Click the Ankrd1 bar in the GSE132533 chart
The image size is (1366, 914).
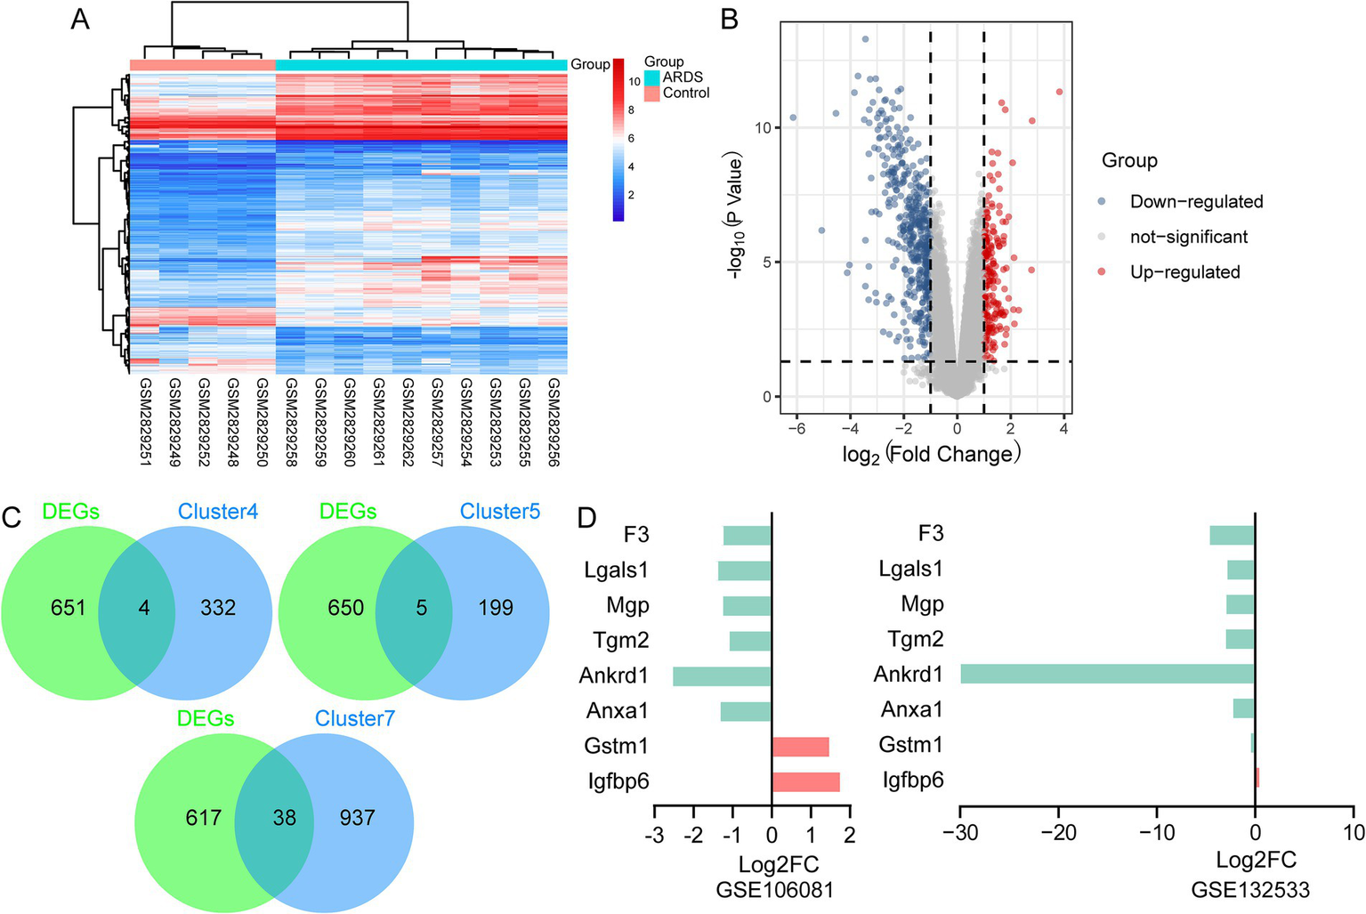1107,674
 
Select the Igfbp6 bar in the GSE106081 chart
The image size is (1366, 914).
805,781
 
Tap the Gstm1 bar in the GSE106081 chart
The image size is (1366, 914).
800,746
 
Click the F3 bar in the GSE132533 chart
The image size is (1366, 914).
1232,534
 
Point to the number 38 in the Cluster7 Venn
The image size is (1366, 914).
285,817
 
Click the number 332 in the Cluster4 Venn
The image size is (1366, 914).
218,608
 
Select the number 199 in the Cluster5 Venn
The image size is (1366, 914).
496,608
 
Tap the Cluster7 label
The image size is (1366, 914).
354,718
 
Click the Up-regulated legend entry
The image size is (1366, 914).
1184,272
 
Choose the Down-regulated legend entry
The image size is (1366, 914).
1196,202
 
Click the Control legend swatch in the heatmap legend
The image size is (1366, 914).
652,93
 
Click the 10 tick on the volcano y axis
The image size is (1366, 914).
763,128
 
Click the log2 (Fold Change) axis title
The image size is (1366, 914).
931,455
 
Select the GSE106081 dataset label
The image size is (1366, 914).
774,890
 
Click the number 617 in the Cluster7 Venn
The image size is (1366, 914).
204,817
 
